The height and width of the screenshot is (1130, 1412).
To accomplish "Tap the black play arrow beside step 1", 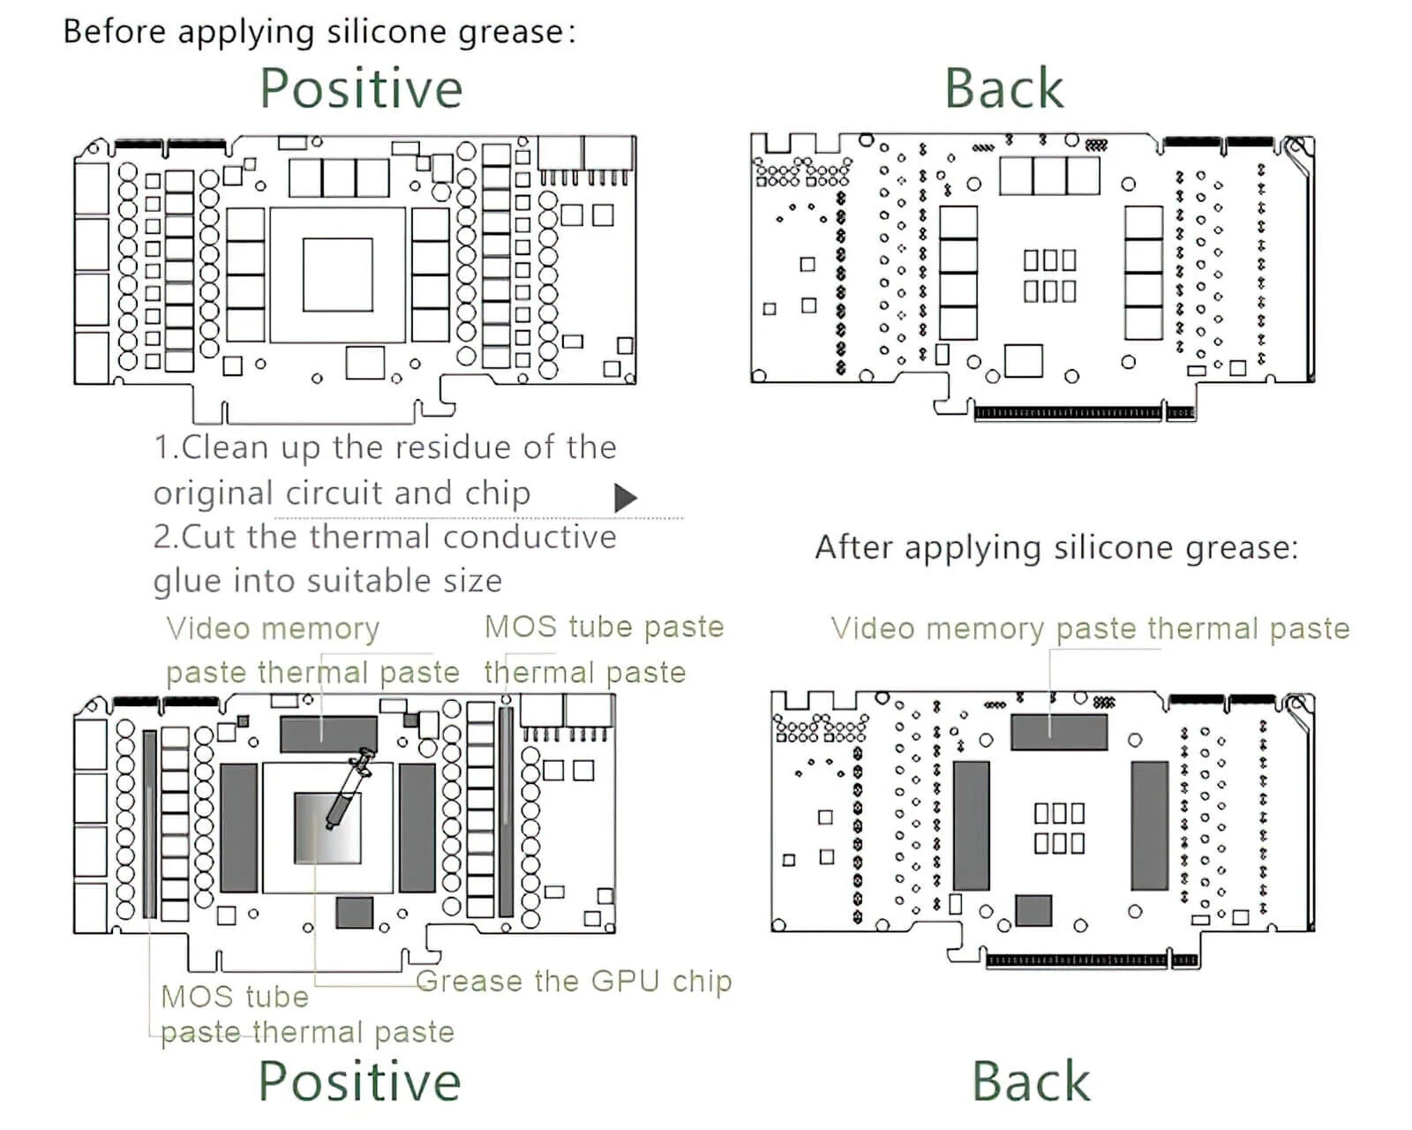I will (x=625, y=498).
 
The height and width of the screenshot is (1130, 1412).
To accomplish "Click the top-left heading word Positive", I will (x=361, y=88).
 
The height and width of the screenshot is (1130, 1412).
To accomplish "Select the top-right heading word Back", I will (x=1003, y=88).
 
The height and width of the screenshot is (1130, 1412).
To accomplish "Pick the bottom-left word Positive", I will (x=359, y=1081).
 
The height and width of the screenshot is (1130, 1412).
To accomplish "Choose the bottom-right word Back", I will (x=1031, y=1081).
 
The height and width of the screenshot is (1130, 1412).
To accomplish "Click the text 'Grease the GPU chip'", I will (x=574, y=981).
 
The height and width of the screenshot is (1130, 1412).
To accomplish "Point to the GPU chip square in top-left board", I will (x=337, y=275).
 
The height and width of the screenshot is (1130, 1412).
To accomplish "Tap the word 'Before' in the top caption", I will (x=115, y=32).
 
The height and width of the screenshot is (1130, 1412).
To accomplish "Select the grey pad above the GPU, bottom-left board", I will (x=328, y=734).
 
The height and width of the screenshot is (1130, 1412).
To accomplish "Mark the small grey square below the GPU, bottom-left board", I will (x=355, y=912).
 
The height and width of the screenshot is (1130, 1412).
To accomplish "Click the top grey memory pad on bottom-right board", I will (x=1058, y=733).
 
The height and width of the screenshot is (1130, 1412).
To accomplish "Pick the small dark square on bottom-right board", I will (x=1033, y=910).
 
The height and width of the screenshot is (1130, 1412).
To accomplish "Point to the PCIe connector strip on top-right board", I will (x=1069, y=412).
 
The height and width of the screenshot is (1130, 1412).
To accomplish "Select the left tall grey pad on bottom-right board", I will (x=971, y=825).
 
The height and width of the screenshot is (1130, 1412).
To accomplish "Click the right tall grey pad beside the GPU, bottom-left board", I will (x=417, y=827).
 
